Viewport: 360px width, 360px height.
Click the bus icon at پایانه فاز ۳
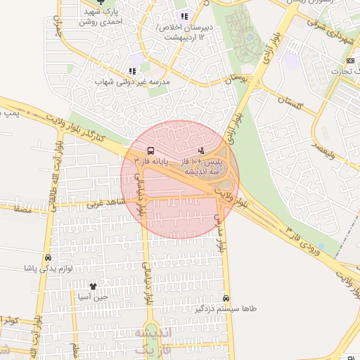[150, 151]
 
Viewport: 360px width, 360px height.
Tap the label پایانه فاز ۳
[150, 162]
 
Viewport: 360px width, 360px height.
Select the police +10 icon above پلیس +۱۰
[202, 150]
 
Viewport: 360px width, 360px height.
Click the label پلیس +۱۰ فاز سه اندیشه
[202, 166]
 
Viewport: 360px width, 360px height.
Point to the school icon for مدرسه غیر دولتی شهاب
[132, 71]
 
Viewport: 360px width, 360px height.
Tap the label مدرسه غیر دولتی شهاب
[132, 82]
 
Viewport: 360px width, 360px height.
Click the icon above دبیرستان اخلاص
[184, 16]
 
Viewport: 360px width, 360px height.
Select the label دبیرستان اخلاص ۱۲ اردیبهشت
[184, 31]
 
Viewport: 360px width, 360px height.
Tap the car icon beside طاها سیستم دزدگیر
[225, 298]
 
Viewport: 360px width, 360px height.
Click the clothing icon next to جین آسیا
[92, 286]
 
